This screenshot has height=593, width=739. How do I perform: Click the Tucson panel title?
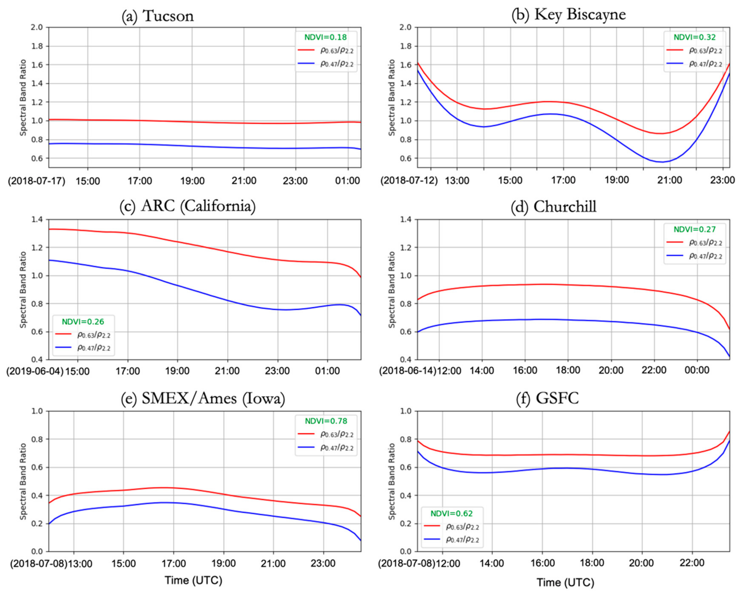158,16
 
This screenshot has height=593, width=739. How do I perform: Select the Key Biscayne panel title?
569,14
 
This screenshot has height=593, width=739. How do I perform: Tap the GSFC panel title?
547,398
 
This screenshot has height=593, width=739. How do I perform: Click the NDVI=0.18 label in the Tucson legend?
326,37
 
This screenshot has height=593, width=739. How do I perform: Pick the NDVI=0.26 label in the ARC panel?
83,321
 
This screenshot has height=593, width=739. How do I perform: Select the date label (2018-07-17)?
37,181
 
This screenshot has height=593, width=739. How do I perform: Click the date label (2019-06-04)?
35,371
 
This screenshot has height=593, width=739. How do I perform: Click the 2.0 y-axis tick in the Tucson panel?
39,27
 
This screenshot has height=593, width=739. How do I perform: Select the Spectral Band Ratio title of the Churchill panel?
392,289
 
